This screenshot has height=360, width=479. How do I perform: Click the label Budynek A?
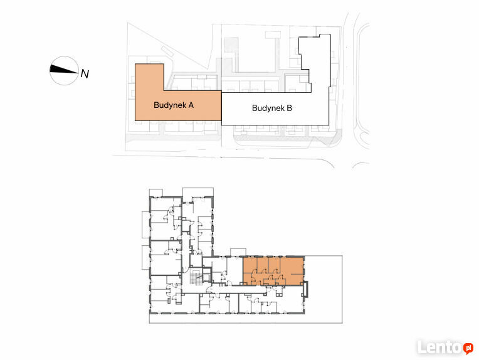(x=174, y=105)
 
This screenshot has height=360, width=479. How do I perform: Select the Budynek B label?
(x=272, y=108)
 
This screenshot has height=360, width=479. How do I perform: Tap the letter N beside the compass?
(x=85, y=74)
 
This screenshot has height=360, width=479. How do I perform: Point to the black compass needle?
(x=63, y=70)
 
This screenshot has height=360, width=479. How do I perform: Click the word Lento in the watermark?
(x=440, y=347)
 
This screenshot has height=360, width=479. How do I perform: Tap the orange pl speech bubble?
(x=468, y=348)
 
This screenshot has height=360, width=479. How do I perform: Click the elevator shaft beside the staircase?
(x=208, y=275)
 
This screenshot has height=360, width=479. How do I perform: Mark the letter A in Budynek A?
(x=191, y=105)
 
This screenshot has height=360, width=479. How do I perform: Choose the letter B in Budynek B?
(x=289, y=108)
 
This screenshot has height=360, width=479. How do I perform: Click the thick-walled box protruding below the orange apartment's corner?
(x=305, y=289)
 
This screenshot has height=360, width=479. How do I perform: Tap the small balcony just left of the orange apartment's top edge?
(x=238, y=252)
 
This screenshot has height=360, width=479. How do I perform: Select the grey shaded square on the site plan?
(x=231, y=45)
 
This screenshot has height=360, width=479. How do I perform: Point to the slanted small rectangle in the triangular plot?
(x=167, y=51)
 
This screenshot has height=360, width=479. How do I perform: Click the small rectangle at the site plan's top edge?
(x=273, y=35)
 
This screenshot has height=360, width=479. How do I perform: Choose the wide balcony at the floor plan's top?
(x=198, y=192)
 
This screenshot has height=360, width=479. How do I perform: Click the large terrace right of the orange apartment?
(x=324, y=289)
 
